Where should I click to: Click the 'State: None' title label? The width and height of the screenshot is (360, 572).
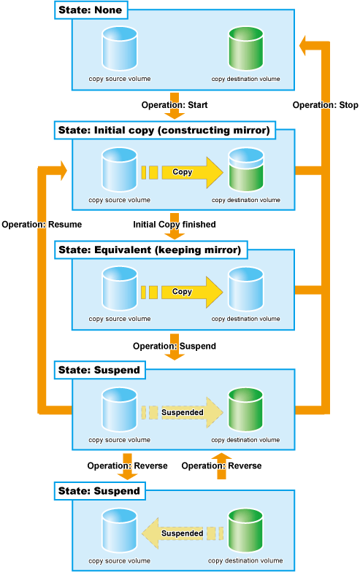click(91, 10)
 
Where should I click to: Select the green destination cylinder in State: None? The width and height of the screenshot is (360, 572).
click(245, 48)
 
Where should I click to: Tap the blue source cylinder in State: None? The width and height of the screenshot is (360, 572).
click(120, 48)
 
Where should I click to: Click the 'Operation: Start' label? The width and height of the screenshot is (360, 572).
click(175, 105)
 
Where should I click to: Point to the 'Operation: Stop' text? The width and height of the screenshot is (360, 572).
click(326, 105)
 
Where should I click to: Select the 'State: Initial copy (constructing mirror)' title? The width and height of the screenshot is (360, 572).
click(164, 130)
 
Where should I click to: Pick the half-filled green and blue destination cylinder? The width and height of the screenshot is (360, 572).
click(245, 169)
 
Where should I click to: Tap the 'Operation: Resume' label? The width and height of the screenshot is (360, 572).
click(42, 225)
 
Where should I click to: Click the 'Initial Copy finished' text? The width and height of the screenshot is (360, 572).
click(174, 225)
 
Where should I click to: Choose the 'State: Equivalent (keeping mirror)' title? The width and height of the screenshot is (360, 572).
click(150, 250)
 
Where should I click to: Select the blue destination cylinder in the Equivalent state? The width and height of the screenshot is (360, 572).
click(245, 289)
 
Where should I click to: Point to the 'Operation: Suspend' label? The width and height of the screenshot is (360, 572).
click(174, 346)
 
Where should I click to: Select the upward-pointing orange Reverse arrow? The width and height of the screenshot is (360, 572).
click(222, 465)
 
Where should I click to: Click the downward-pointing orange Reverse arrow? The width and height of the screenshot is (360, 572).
click(127, 466)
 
